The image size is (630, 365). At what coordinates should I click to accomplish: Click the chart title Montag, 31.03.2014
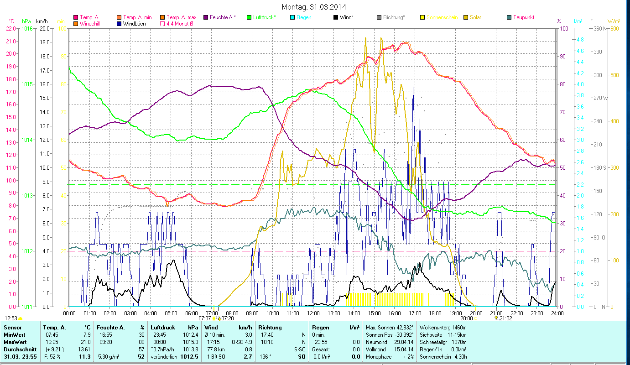coord(314,7)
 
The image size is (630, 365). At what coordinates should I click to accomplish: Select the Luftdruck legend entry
coord(264,17)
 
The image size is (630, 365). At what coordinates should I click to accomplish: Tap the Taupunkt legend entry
coord(523,17)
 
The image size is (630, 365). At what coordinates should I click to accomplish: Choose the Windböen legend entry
coord(134,24)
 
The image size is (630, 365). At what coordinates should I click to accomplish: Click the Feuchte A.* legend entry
coord(223,17)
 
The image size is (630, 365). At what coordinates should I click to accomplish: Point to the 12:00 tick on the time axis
coord(313,313)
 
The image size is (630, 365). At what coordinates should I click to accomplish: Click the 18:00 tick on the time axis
coord(435,313)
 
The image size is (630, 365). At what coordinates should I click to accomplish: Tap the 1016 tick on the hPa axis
coord(27,28)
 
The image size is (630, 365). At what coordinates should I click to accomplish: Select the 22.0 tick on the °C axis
coord(10,28)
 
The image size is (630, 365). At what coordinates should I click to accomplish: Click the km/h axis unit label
coord(42,21)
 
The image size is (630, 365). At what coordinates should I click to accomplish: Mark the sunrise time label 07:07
coord(205,318)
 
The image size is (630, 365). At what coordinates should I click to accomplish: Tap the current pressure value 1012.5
coord(191,356)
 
